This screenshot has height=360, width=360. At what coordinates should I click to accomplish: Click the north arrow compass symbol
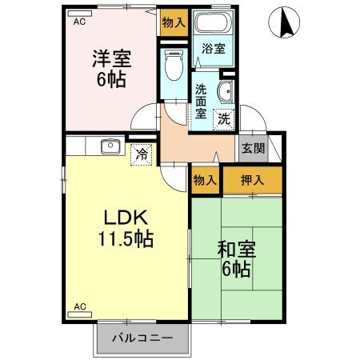[x=283, y=22]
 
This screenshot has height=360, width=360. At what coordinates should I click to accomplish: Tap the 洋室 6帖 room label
[x=111, y=69]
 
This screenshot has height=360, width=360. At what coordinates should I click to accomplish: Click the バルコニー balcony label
[x=142, y=338]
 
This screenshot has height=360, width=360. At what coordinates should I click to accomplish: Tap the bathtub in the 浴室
[x=212, y=24]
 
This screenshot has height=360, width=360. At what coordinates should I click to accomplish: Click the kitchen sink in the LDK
[x=110, y=146]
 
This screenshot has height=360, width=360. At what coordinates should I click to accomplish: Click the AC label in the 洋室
[x=79, y=23]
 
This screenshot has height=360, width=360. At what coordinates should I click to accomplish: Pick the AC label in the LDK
[x=79, y=306]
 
